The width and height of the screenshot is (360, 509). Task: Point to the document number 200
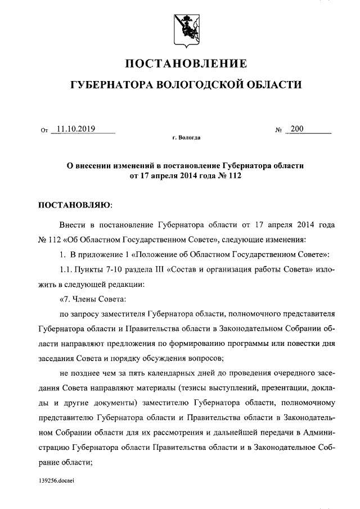click(x=296, y=129)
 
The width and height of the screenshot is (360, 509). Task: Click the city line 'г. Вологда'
click(x=186, y=138)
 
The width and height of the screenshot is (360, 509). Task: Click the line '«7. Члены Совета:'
click(x=91, y=298)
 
